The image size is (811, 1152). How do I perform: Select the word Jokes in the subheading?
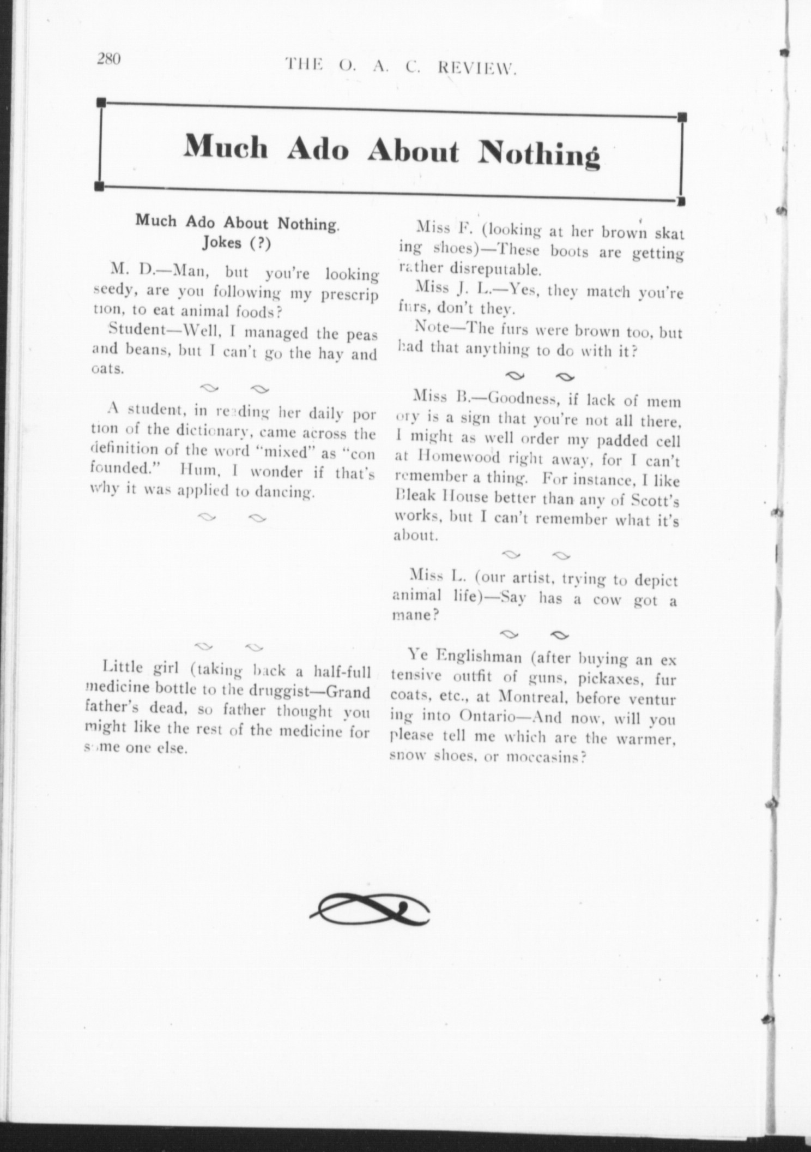point(222,243)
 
